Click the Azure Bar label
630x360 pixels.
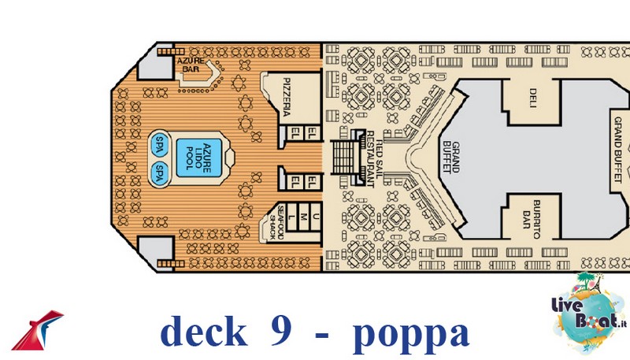(x=191, y=65)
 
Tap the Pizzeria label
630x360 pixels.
(x=287, y=97)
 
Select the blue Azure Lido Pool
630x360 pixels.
(x=199, y=158)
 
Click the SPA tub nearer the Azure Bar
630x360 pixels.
(x=160, y=144)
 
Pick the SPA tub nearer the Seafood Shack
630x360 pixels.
(x=160, y=173)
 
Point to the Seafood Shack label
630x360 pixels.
(x=277, y=223)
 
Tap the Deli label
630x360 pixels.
(x=533, y=98)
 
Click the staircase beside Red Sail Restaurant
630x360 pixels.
(x=348, y=157)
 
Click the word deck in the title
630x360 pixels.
(x=203, y=332)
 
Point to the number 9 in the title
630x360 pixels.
(x=281, y=332)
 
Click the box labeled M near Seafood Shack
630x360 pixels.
(x=303, y=217)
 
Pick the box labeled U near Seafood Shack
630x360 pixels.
(x=316, y=217)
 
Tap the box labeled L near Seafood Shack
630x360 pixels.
(x=291, y=217)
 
